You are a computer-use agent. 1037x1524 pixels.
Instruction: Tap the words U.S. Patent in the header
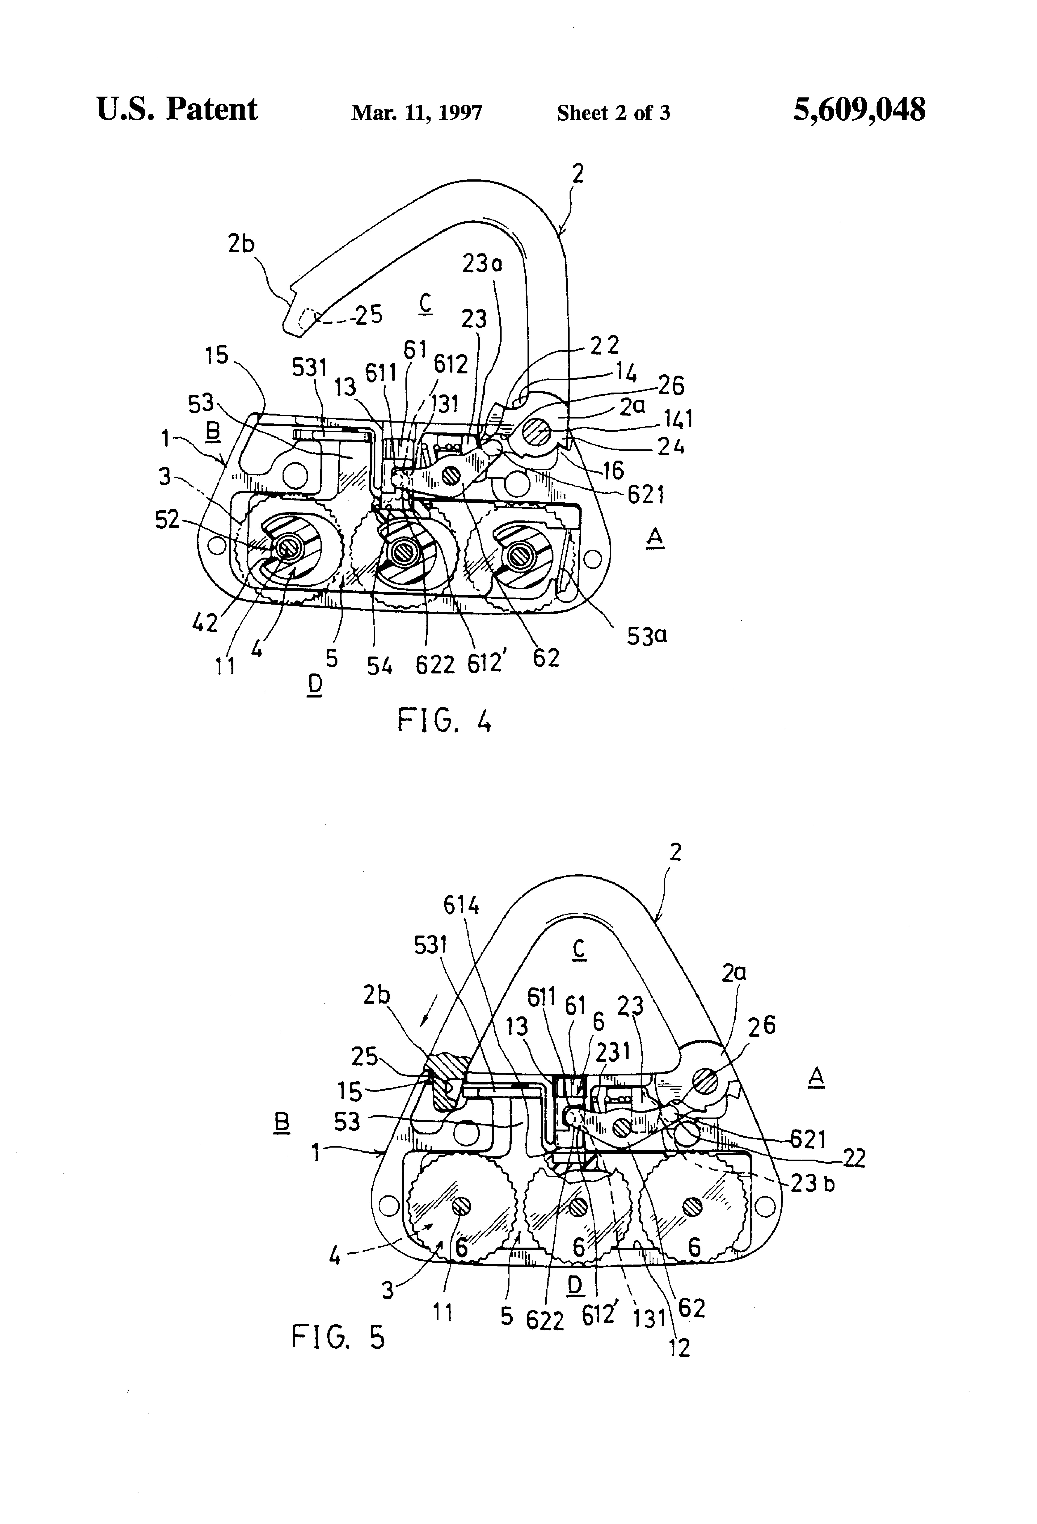177,109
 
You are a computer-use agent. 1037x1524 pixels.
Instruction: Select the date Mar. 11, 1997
417,113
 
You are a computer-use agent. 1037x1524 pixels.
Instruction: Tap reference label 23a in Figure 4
482,264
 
